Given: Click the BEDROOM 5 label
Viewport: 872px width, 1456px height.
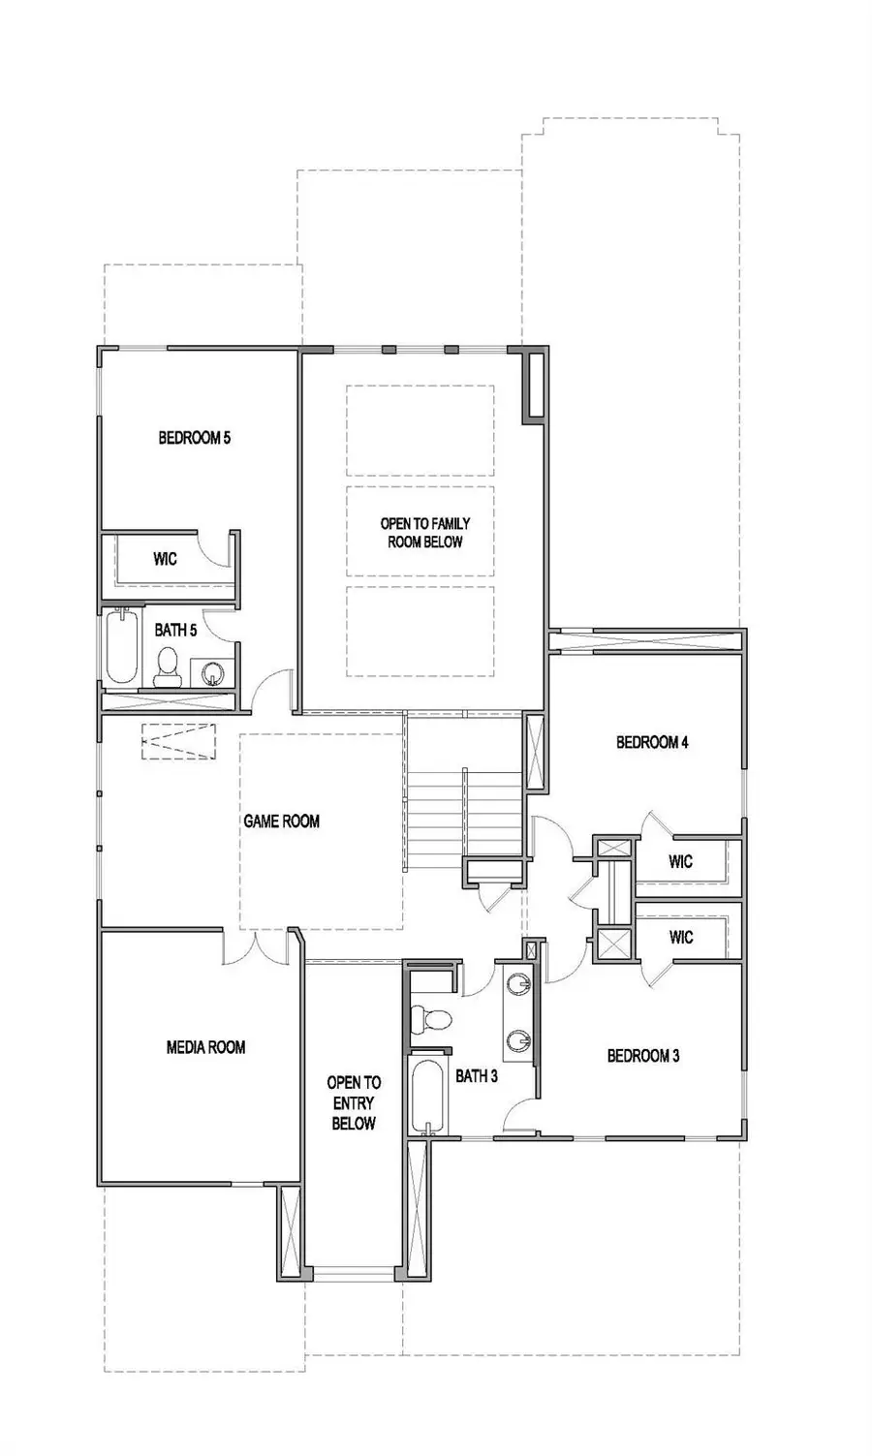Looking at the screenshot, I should (x=194, y=438).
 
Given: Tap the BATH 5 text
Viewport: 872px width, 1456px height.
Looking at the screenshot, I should (x=175, y=631).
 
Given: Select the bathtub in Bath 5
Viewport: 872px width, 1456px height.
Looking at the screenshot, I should (x=121, y=647).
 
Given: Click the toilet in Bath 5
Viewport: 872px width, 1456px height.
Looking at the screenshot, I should (x=168, y=666).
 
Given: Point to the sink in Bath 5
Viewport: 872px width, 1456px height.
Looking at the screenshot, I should (x=214, y=669).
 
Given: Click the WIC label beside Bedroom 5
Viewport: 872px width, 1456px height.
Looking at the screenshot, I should (x=165, y=559).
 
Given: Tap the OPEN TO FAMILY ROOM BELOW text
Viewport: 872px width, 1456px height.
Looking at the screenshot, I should (x=424, y=533).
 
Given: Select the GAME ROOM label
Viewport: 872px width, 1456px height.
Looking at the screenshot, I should (x=281, y=821).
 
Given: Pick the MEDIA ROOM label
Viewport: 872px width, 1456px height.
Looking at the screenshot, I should (x=205, y=1047).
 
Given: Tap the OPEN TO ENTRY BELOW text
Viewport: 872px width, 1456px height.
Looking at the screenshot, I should (x=354, y=1102).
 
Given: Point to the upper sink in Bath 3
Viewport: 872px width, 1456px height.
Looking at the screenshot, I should (x=519, y=985).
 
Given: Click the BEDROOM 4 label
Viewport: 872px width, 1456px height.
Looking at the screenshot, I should (x=652, y=743).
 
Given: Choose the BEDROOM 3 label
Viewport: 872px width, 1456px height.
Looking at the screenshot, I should (x=642, y=1056).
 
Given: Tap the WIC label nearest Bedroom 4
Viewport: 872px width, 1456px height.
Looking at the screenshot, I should (x=681, y=860).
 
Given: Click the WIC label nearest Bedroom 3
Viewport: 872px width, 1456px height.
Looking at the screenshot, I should (x=681, y=937).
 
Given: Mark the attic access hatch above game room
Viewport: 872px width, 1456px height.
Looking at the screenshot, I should (x=177, y=741).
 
